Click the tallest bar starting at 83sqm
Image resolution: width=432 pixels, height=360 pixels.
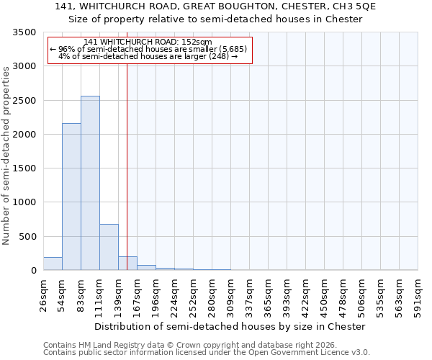point(90,183)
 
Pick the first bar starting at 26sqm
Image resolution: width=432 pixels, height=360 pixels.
point(53,264)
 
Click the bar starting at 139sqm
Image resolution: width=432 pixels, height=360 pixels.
point(127,263)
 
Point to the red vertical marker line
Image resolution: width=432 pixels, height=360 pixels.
point(127,144)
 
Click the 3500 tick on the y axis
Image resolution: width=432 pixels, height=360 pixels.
point(24,33)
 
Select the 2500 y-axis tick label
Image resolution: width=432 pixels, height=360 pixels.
point(24,101)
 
